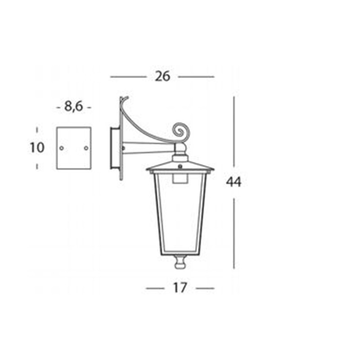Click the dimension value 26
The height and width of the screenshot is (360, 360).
pyautogui.click(x=162, y=76)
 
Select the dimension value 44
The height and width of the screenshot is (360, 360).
pyautogui.click(x=234, y=182)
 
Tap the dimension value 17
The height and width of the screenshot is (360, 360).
pyautogui.click(x=180, y=288)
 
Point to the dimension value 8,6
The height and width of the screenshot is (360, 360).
pyautogui.click(x=73, y=107)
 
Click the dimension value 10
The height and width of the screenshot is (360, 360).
pyautogui.click(x=37, y=148)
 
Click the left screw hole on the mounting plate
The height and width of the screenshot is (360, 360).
pyautogui.click(x=62, y=148)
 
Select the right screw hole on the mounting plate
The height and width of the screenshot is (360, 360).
pyautogui.click(x=86, y=148)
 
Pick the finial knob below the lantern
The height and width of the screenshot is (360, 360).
pyautogui.click(x=180, y=262)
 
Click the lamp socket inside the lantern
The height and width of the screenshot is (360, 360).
pyautogui.click(x=180, y=179)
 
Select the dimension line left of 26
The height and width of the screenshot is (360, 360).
pyautogui.click(x=128, y=76)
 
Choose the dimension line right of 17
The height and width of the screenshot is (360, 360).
pyautogui.click(x=205, y=288)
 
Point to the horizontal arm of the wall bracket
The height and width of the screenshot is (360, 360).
pyautogui.click(x=148, y=148)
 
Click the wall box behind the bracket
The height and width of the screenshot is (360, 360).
pyautogui.click(x=115, y=148)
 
